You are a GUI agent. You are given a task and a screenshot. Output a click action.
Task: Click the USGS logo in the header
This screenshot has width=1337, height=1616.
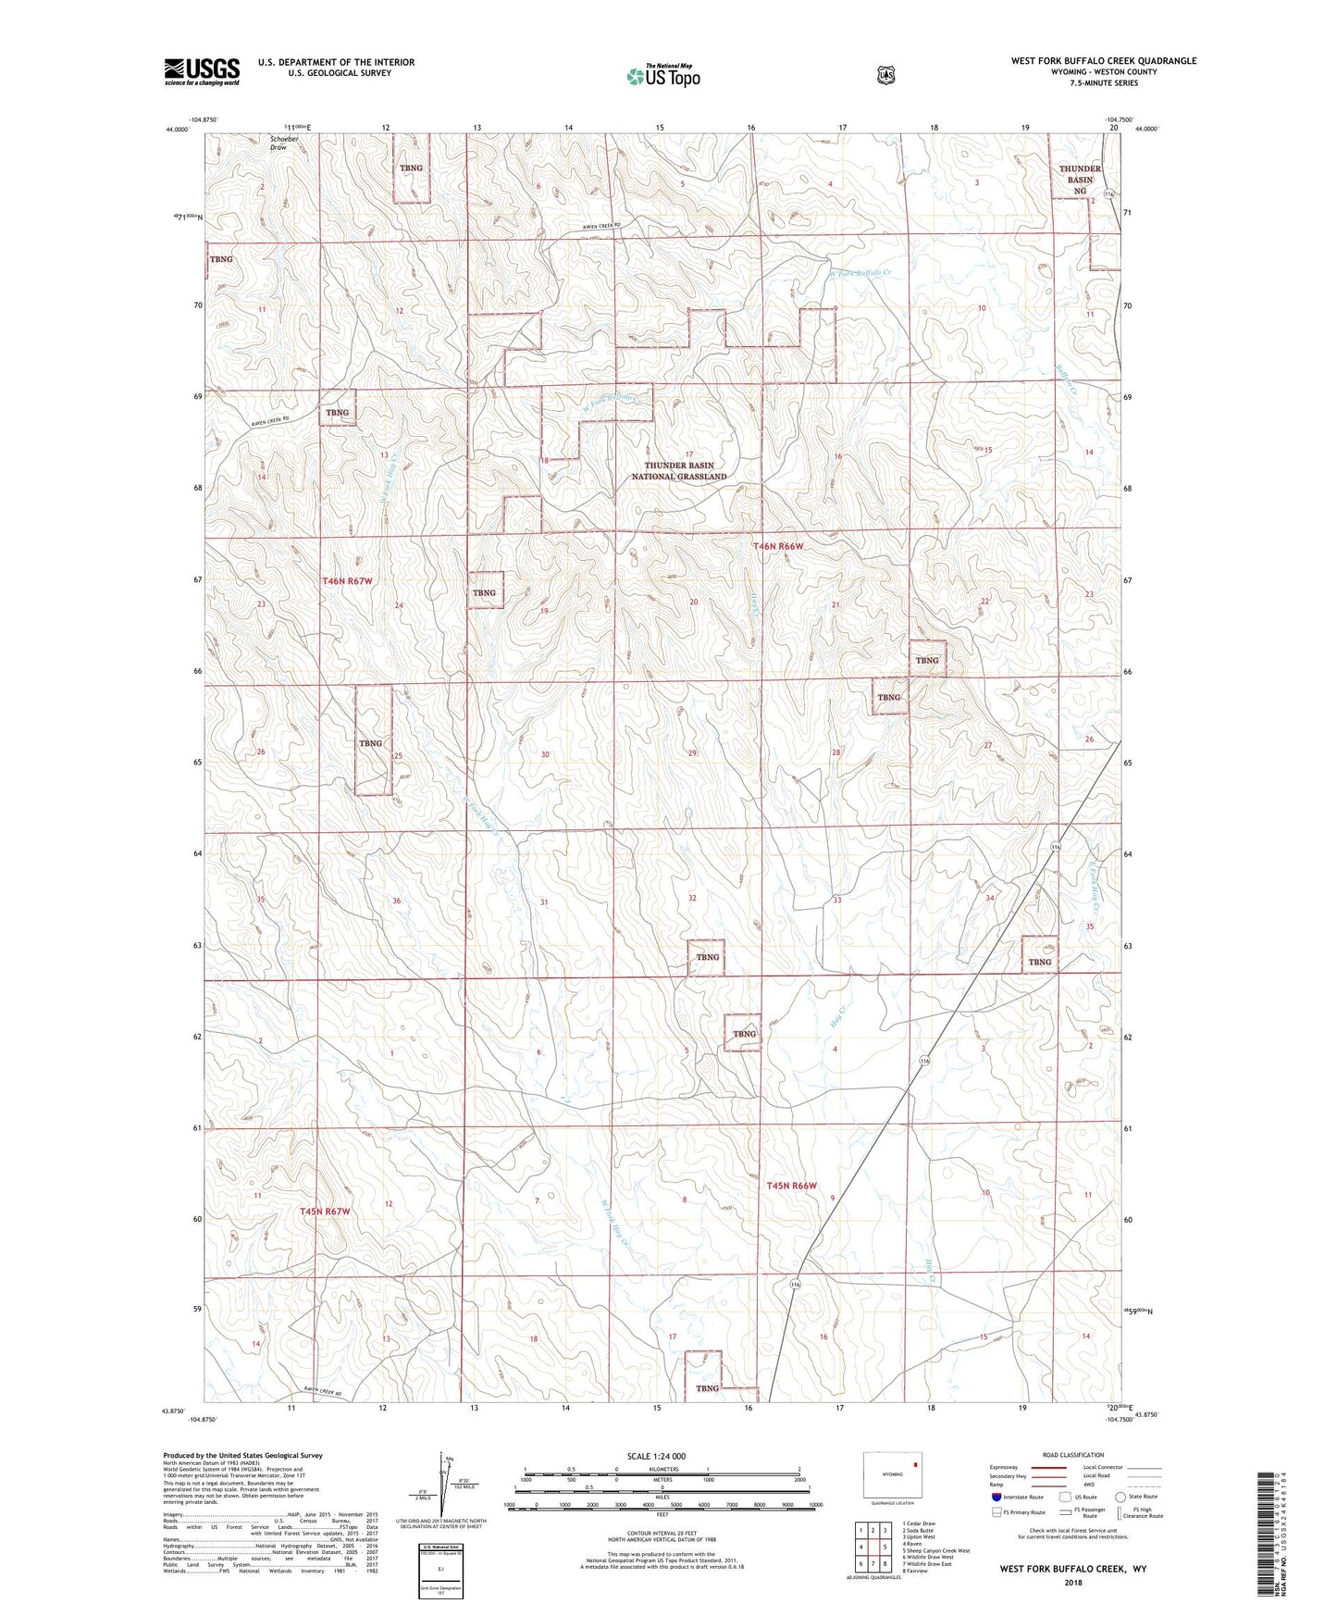[x=202, y=71]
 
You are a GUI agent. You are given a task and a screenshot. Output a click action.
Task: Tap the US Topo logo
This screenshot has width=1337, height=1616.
[x=662, y=76]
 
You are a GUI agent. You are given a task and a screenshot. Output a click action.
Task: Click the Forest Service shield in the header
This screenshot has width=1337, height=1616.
[x=885, y=75]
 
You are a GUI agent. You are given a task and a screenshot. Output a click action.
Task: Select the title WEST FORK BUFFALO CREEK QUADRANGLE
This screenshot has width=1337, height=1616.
[x=1103, y=61]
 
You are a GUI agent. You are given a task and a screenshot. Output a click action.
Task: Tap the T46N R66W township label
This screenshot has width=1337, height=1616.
[x=778, y=547]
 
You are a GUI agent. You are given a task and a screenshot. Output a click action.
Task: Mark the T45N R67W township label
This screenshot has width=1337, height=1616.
[x=325, y=1212]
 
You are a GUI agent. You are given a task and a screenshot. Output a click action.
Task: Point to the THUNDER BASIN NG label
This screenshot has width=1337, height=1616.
[x=1080, y=180]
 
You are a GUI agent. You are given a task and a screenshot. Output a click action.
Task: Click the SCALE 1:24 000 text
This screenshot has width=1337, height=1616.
[x=656, y=1456]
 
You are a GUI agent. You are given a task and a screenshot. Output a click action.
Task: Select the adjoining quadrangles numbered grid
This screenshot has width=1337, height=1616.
[x=873, y=1547]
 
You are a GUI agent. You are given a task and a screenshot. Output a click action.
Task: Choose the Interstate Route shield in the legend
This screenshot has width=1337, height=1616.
[x=996, y=1497]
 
